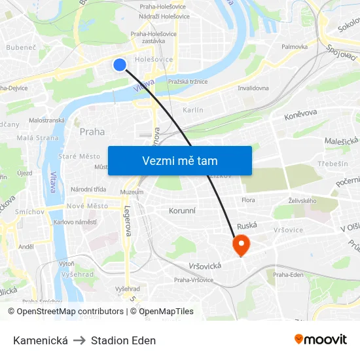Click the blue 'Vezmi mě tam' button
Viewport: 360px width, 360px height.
(x=179, y=160)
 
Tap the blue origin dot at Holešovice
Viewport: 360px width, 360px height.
(x=119, y=64)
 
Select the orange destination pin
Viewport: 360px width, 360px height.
(x=241, y=245)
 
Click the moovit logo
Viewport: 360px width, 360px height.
(x=320, y=339)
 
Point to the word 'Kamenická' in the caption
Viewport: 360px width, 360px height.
(x=41, y=340)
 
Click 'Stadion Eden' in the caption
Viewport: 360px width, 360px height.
(x=124, y=340)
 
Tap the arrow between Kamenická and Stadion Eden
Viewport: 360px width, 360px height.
(x=79, y=340)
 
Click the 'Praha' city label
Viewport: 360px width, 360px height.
(x=92, y=131)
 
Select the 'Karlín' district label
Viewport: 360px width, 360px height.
(x=193, y=110)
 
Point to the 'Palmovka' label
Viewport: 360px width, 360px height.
(x=295, y=47)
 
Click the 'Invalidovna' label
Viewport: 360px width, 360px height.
(x=253, y=88)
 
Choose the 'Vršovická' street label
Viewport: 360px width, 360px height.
(x=206, y=265)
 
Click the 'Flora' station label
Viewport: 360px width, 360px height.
(x=248, y=200)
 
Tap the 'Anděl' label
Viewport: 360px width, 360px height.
(x=26, y=247)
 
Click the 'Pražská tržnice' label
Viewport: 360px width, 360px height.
(x=188, y=82)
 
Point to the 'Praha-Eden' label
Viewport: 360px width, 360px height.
(x=289, y=274)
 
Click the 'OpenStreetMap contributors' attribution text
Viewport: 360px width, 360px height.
(x=65, y=312)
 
